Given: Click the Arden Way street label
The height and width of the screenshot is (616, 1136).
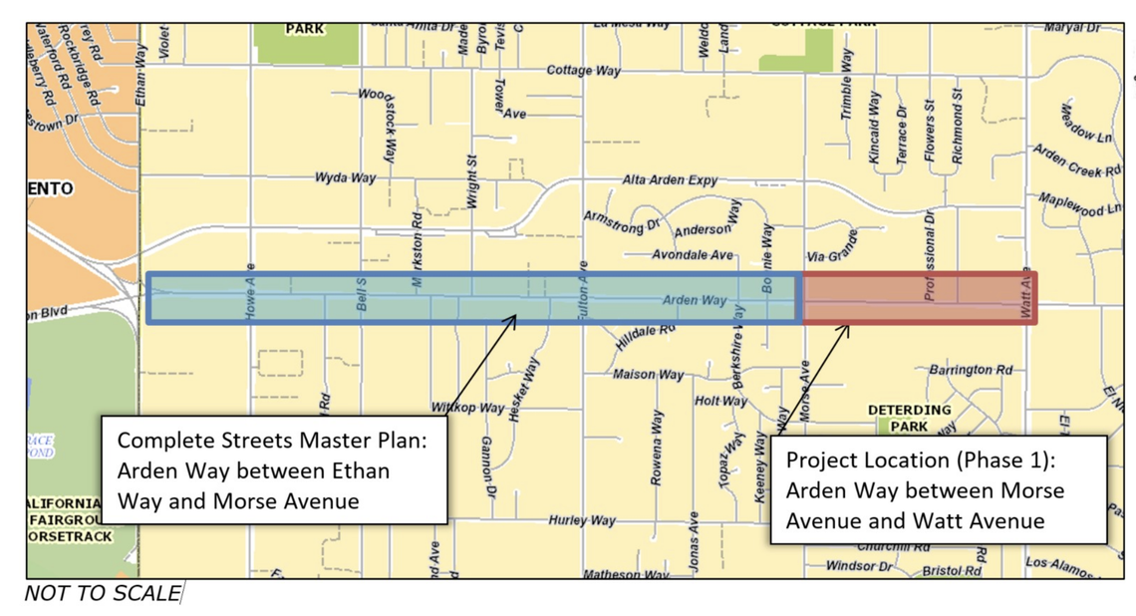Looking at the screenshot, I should point(695,299).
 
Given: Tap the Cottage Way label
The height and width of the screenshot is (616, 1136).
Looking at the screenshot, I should point(583,71).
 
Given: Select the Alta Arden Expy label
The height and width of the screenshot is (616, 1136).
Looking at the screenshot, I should point(670,180).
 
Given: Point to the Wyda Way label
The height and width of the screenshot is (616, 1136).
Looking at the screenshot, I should point(345,177).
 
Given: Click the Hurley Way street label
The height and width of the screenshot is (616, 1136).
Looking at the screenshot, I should point(582,520).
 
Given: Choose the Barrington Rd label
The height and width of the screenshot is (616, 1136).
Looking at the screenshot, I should point(970,370).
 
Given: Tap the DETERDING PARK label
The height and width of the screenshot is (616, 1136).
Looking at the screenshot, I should point(909,418).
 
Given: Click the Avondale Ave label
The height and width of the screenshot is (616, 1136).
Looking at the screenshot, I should point(693,255).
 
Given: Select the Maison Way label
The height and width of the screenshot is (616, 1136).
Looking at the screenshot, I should point(648,375).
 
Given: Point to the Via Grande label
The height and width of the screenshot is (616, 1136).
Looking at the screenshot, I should point(832,256).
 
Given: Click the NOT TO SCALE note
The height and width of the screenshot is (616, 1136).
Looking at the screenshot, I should point(102,594).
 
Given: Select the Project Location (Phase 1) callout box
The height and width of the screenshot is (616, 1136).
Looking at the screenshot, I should point(938,490).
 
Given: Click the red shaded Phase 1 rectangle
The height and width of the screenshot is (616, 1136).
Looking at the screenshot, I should point(919,298).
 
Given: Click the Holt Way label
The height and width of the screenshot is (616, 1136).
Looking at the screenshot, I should point(720,401).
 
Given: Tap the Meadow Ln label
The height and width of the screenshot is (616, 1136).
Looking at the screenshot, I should point(1087,123).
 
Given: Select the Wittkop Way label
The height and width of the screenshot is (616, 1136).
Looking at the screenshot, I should point(467,408).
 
